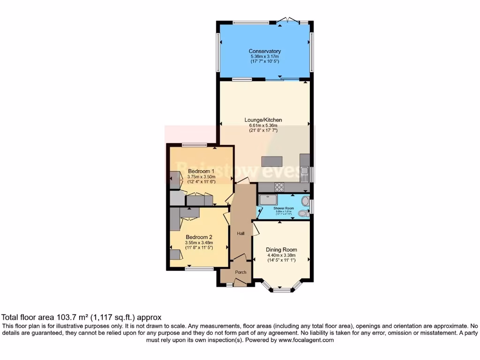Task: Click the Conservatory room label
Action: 265,51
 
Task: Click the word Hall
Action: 240,233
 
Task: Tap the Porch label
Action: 240,272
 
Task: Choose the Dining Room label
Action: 281,250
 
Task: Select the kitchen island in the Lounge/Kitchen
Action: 272,161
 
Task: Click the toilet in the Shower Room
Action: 303,214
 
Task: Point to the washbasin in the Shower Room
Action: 306,202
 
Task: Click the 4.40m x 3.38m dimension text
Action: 281,255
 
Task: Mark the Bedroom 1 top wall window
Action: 195,144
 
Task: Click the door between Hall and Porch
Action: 240,258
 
